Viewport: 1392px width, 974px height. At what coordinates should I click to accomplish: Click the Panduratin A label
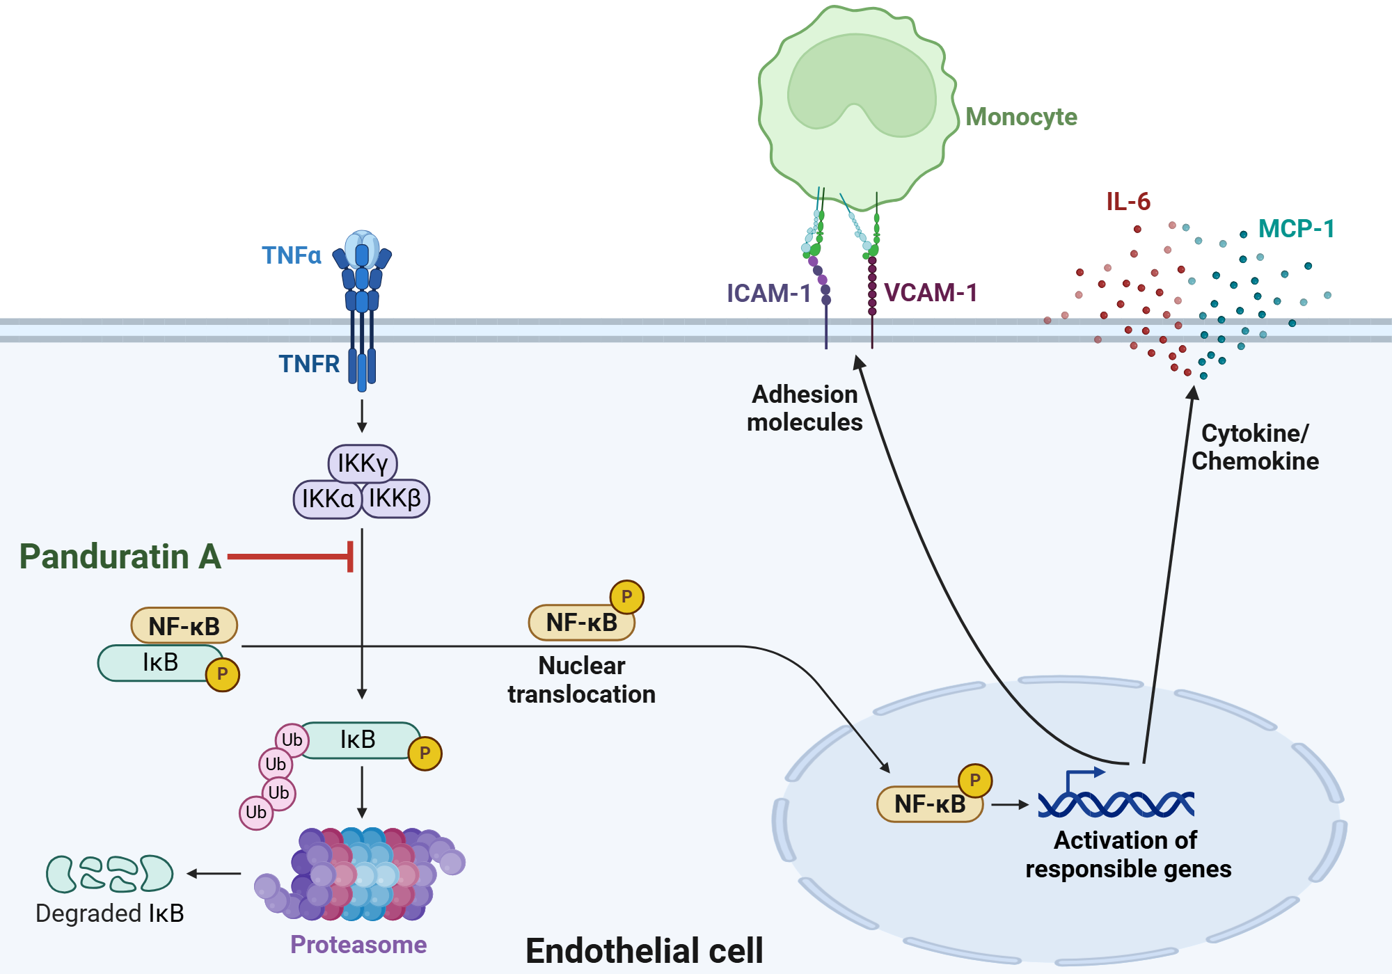click(x=120, y=557)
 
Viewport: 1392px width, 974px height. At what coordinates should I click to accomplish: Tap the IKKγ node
click(x=363, y=463)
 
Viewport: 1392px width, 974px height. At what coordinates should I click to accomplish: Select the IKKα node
click(x=328, y=499)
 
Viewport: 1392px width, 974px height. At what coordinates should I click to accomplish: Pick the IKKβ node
click(x=395, y=499)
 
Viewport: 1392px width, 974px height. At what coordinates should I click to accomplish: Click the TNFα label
click(x=292, y=255)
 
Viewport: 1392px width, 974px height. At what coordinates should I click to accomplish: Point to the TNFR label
click(x=309, y=364)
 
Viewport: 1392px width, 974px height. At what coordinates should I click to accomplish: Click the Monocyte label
click(x=1021, y=117)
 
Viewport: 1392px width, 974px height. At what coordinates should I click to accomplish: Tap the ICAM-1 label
click(x=769, y=294)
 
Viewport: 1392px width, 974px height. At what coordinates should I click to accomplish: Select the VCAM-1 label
click(x=931, y=293)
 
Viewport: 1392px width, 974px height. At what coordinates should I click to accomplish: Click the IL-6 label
click(x=1128, y=202)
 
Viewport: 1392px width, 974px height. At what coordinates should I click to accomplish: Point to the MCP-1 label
click(x=1296, y=229)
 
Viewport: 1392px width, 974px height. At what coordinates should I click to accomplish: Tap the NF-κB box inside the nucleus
click(x=930, y=804)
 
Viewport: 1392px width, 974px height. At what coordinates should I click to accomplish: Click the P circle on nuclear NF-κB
click(x=975, y=781)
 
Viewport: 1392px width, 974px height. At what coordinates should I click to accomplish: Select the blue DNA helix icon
click(x=1116, y=800)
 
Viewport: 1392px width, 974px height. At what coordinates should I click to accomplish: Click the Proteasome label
click(x=358, y=945)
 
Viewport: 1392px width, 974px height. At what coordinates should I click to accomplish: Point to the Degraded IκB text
click(x=110, y=913)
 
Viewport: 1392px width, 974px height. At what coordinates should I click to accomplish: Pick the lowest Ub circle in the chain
click(x=256, y=813)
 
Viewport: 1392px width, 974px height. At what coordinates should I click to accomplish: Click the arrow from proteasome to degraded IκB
click(x=214, y=874)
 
